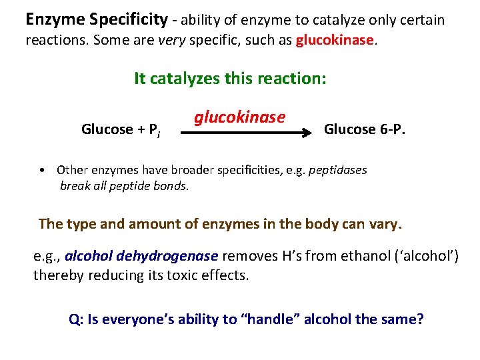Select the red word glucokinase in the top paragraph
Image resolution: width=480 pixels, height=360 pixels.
pos(335,40)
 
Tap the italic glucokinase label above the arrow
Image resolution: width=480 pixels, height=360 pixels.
pos(240,117)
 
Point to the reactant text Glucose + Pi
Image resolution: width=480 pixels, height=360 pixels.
pos(120,130)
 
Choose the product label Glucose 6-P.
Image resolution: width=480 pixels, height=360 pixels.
pos(364,129)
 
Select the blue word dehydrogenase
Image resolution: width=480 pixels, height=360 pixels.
pos(177,256)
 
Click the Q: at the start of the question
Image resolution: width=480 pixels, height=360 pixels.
pos(76,319)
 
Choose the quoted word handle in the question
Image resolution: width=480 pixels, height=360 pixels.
pos(275,319)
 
